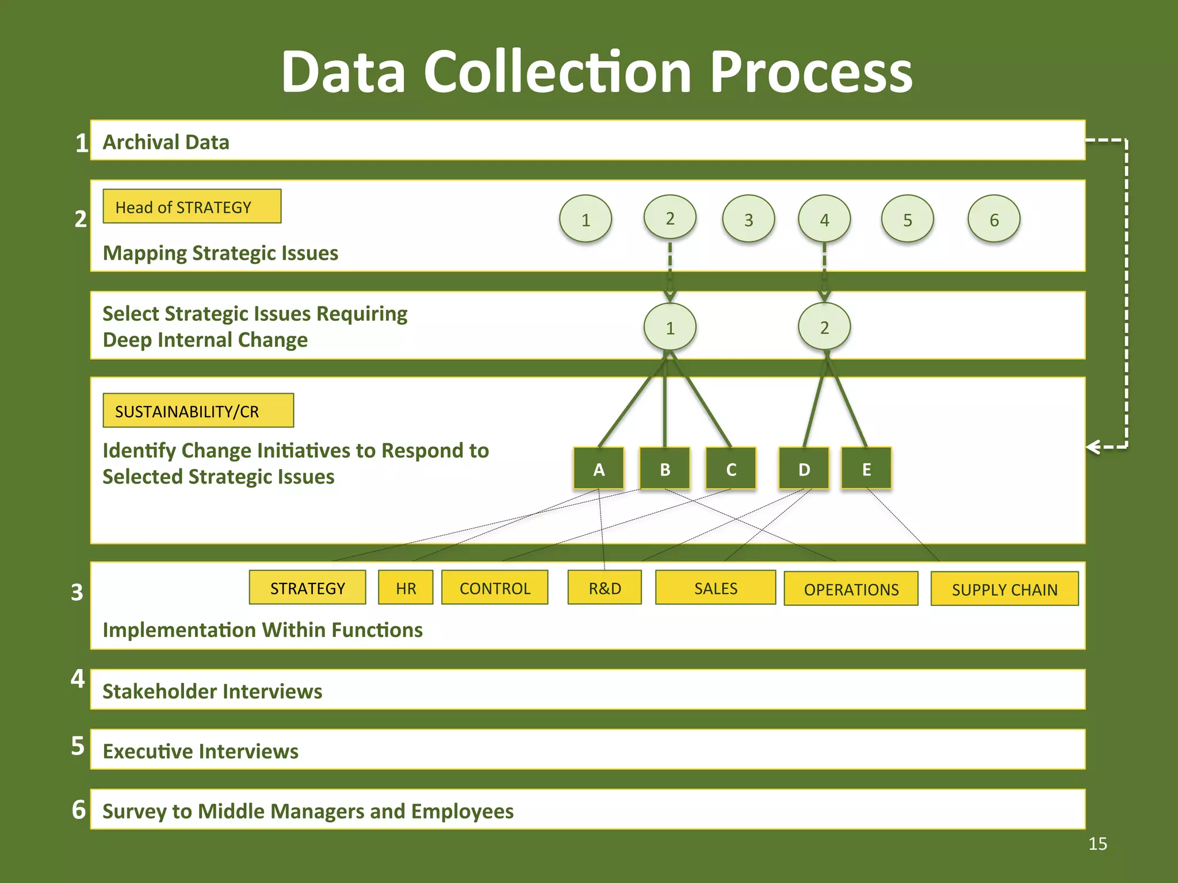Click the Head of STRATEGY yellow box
[x=192, y=206]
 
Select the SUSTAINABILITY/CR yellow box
[x=198, y=410]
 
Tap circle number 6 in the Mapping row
[x=993, y=219]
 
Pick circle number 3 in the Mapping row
[x=748, y=219]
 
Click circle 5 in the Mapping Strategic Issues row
[x=907, y=219]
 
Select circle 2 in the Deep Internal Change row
[x=824, y=327]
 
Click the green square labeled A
[x=599, y=469]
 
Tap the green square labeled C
[x=730, y=469]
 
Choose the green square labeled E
[x=866, y=469]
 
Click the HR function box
[x=406, y=588]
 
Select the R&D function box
[x=605, y=588]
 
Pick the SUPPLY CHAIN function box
[x=1004, y=589]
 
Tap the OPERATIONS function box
[x=851, y=589]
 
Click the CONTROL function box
[x=495, y=588]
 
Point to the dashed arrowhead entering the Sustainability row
[x=1092, y=447]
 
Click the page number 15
[x=1097, y=843]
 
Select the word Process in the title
[x=811, y=72]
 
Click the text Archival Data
[x=166, y=141]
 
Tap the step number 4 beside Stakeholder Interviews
[x=78, y=679]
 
